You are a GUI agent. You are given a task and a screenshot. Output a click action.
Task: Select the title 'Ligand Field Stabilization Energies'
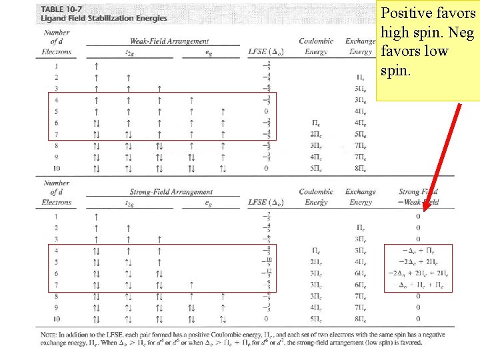pyautogui.click(x=104, y=18)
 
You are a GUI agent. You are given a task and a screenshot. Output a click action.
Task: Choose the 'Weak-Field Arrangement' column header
pyautogui.click(x=169, y=41)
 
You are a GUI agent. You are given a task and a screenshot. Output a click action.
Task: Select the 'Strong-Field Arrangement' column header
pyautogui.click(x=171, y=192)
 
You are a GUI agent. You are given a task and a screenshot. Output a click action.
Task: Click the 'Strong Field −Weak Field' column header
pyautogui.click(x=418, y=196)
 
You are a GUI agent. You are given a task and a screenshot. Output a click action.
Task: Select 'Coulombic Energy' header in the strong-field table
pyautogui.click(x=316, y=196)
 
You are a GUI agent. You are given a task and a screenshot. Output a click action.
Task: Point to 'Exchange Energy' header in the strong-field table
pyautogui.click(x=361, y=196)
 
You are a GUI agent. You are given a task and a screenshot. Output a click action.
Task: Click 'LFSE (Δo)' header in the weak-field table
pyautogui.click(x=267, y=51)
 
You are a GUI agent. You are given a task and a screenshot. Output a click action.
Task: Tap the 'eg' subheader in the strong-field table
pyautogui.click(x=208, y=203)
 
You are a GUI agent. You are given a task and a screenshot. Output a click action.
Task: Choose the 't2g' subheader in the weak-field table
pyautogui.click(x=129, y=52)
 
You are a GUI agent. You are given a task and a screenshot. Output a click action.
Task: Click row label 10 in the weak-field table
pyautogui.click(x=56, y=169)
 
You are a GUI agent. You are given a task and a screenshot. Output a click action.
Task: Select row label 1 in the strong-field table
pyautogui.click(x=56, y=217)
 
